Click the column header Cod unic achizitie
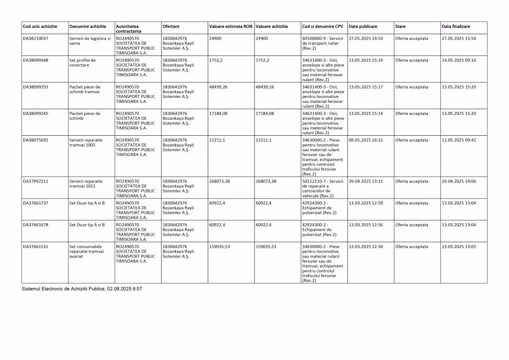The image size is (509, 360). coord(40,26)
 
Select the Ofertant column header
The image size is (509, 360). coord(171,26)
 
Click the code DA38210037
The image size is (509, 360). coord(36,38)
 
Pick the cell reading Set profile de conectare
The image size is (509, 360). coord(83,63)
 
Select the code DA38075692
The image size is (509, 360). coord(36,140)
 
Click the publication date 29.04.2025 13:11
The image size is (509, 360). coord(366,181)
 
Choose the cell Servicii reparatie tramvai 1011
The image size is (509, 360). coord(86,183)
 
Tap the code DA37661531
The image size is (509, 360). coord(36,247)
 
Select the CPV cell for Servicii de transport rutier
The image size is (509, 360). coord(323,43)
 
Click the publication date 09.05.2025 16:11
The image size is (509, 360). coord(366,140)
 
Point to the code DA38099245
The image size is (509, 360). coord(36,113)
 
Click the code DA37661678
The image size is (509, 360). coord(36,225)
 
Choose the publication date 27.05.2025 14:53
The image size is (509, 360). coord(366,38)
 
